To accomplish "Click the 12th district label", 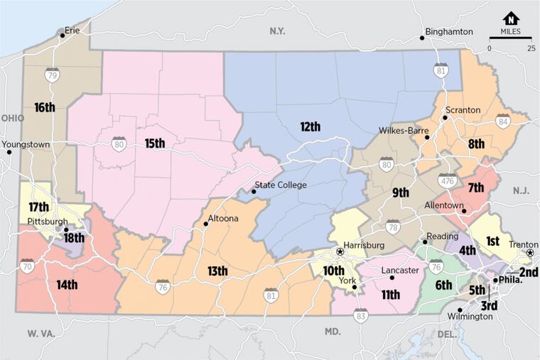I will point(310,127).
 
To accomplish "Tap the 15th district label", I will point(155,143).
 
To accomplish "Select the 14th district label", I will point(67,285).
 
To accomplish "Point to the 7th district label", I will point(475,188).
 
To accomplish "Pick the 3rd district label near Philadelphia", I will point(490,306).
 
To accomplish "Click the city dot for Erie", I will point(63,36).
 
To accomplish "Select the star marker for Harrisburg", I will point(340,251).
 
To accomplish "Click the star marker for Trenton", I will point(529,253).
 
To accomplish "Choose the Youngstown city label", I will point(26,144).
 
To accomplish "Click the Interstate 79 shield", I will point(52,75).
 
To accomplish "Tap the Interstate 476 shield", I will point(448,181).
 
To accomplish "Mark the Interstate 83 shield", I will point(361,315).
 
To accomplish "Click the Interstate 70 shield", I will point(27,267).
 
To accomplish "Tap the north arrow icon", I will point(511,18).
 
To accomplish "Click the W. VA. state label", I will point(42,332).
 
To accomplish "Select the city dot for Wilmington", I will point(460,310).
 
